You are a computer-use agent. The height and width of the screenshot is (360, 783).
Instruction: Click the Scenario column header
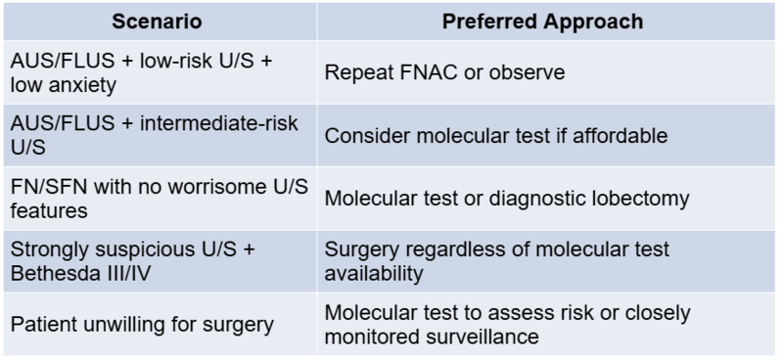(157, 22)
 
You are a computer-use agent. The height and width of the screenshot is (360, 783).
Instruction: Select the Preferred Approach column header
(542, 22)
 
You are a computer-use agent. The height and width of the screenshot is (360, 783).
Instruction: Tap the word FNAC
(430, 72)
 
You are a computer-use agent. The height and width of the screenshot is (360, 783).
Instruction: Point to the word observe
(527, 72)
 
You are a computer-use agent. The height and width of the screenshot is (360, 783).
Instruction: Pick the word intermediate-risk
(218, 123)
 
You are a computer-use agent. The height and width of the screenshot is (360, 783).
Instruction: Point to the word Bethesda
(51, 274)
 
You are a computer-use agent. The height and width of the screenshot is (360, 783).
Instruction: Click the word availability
(374, 274)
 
